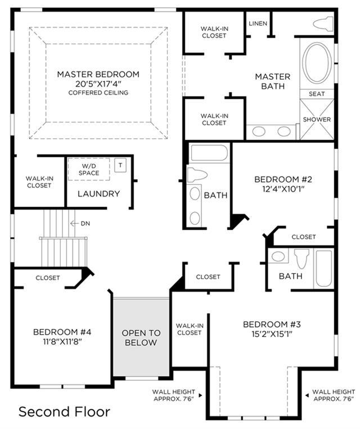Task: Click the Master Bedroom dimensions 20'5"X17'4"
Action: [98, 84]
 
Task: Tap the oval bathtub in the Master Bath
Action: [317, 63]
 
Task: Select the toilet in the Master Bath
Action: [323, 23]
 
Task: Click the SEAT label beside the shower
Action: [317, 94]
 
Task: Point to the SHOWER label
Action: [317, 120]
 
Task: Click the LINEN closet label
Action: [258, 24]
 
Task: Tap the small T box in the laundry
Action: [120, 165]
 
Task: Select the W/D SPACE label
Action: [89, 170]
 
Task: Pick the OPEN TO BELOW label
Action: [141, 337]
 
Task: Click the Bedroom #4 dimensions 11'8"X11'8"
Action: [62, 342]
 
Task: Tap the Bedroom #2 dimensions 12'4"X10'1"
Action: [283, 189]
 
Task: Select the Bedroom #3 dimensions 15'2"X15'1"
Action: [272, 334]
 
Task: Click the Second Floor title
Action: [65, 412]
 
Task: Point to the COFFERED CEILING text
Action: [98, 93]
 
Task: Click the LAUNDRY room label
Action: [99, 194]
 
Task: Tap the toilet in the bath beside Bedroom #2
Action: [197, 175]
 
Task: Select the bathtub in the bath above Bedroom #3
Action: [323, 269]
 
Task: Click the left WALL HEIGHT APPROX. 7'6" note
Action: [174, 395]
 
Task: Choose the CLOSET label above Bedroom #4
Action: [48, 278]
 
